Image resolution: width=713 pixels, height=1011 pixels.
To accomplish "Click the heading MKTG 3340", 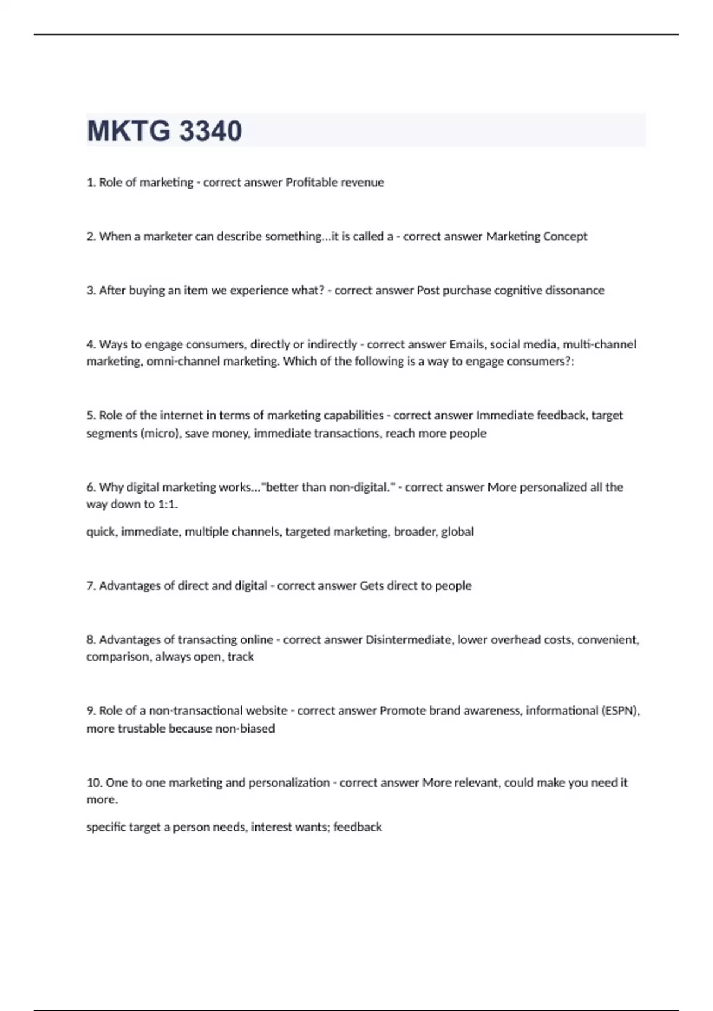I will (165, 131).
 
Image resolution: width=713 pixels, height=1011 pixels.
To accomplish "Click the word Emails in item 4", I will (466, 344).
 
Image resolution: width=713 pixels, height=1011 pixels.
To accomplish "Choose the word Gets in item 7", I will (371, 586).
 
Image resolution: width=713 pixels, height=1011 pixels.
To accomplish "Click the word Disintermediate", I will (408, 640).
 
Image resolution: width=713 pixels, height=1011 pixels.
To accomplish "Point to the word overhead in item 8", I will (521, 640).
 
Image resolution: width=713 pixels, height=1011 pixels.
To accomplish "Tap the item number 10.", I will (94, 783).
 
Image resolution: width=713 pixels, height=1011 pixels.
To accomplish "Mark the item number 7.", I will (91, 586).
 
